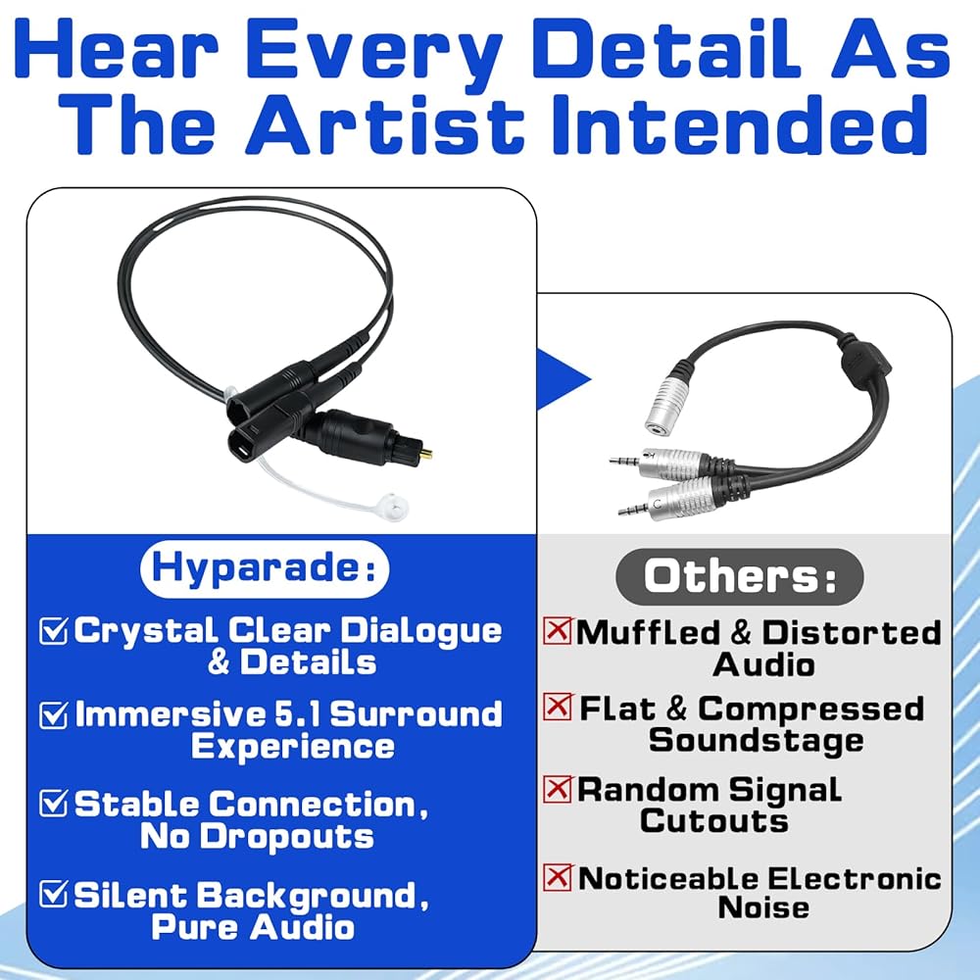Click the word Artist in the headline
coord(384,124)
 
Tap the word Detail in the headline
coord(666,49)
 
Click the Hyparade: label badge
coord(265,568)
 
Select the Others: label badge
coord(740,576)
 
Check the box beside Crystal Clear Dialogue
coord(53,630)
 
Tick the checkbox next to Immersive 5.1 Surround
coord(53,714)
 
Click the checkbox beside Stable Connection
coord(53,803)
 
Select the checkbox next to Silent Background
coord(53,894)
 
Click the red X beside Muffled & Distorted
coord(557,630)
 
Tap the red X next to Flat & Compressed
coord(557,707)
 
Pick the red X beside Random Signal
coord(557,789)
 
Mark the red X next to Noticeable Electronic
coord(557,877)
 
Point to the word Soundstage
coord(757,741)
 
